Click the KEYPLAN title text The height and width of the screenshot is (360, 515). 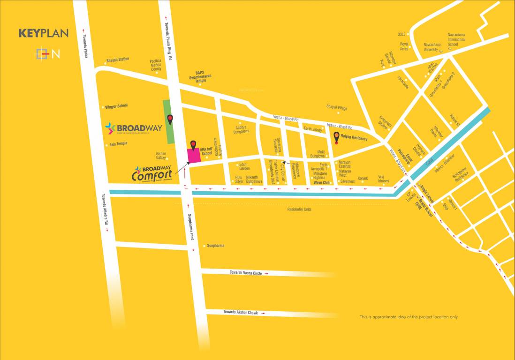(44, 33)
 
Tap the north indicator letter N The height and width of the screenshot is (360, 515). (56, 54)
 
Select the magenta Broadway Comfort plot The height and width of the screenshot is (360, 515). (194, 156)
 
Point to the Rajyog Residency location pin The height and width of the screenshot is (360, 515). (336, 137)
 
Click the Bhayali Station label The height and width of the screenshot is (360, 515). (117, 60)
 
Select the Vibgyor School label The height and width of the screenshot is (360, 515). (116, 106)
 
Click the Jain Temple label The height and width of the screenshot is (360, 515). (118, 144)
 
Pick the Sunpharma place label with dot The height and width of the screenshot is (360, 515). (215, 246)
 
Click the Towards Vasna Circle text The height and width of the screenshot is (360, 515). (246, 272)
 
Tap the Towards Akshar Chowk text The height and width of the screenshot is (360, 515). (240, 312)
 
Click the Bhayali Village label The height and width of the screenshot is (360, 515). (336, 108)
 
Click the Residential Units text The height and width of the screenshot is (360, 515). (299, 210)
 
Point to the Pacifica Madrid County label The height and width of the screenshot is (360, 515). (156, 65)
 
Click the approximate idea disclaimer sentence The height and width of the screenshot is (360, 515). (409, 317)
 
